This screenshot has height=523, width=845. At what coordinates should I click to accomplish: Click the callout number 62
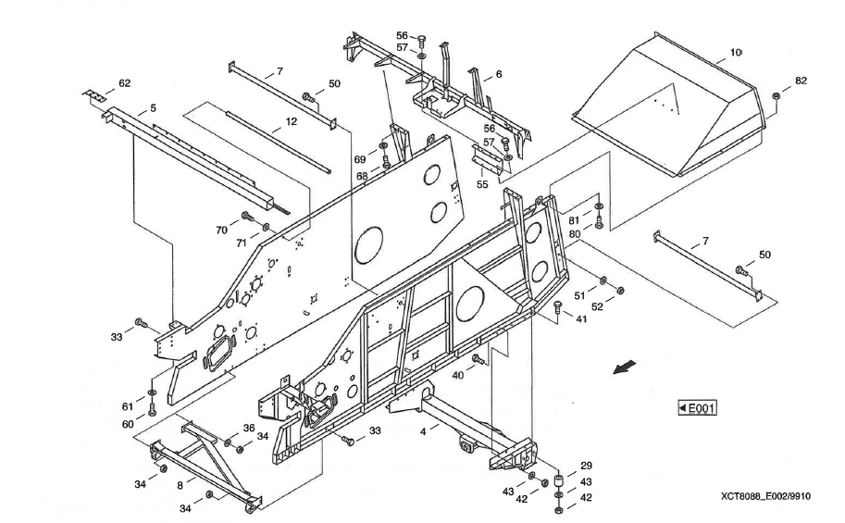[124, 82]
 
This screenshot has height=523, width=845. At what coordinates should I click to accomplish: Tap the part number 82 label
[801, 81]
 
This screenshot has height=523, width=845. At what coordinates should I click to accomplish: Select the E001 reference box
[699, 408]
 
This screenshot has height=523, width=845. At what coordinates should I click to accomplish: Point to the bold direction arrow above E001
[626, 367]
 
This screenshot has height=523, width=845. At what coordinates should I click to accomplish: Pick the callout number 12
[291, 121]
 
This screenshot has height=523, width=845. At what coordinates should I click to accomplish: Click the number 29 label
[586, 465]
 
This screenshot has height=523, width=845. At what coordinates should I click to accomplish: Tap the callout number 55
[482, 184]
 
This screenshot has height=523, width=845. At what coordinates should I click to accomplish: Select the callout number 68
[362, 176]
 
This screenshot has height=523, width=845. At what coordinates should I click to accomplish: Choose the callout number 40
[457, 375]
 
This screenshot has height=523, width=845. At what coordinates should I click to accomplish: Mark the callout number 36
[248, 428]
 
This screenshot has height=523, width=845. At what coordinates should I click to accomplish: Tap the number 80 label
[574, 234]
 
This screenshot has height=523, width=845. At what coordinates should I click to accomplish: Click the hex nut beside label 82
[777, 95]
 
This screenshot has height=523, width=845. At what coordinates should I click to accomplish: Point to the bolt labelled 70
[247, 217]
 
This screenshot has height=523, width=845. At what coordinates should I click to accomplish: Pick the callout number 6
[499, 74]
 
